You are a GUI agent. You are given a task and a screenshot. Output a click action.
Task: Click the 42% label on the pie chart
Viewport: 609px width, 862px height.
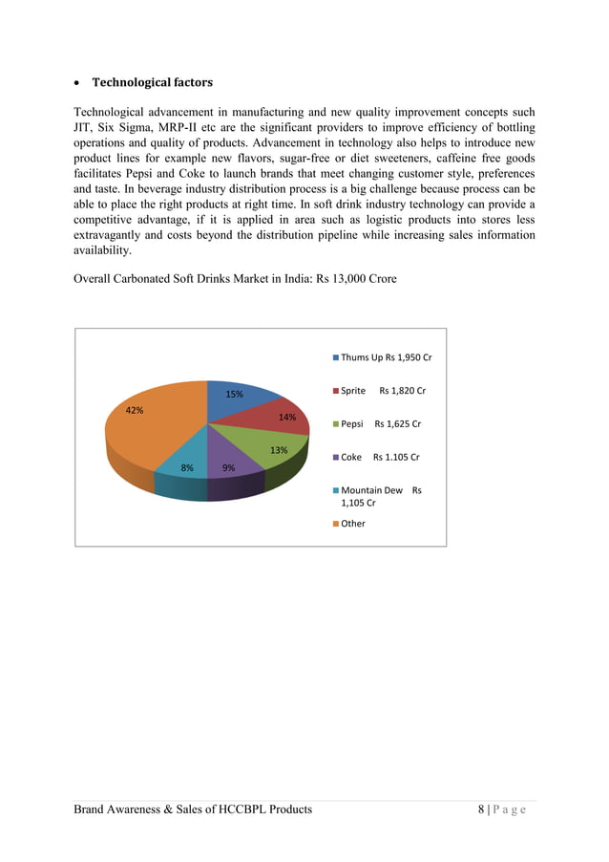click(135, 410)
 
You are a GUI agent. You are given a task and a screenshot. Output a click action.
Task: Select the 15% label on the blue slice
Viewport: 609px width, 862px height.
click(234, 394)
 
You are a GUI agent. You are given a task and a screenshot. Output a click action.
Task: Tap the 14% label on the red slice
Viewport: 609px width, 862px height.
click(286, 417)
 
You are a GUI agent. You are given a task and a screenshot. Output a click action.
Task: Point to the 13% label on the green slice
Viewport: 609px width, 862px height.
click(279, 450)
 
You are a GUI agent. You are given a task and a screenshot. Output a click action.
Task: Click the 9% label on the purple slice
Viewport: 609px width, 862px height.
click(229, 468)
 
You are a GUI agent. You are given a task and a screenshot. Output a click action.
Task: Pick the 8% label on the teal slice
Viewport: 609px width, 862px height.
click(187, 468)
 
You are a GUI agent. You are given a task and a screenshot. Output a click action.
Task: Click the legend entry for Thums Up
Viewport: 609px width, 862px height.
click(381, 357)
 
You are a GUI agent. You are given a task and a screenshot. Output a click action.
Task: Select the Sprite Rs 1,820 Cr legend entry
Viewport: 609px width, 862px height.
click(381, 391)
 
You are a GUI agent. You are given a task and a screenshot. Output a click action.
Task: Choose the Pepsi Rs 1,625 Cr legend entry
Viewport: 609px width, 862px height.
click(379, 423)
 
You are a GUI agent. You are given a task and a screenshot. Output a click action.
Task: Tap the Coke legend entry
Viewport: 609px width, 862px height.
click(379, 457)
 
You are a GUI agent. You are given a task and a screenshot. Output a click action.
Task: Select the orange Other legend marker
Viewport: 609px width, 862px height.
click(335, 524)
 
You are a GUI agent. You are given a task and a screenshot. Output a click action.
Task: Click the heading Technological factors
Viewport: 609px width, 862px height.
click(152, 82)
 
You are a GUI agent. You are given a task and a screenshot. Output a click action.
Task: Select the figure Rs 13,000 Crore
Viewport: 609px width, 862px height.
click(352, 279)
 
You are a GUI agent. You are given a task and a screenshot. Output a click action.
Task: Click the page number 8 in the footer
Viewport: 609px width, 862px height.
click(482, 809)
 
